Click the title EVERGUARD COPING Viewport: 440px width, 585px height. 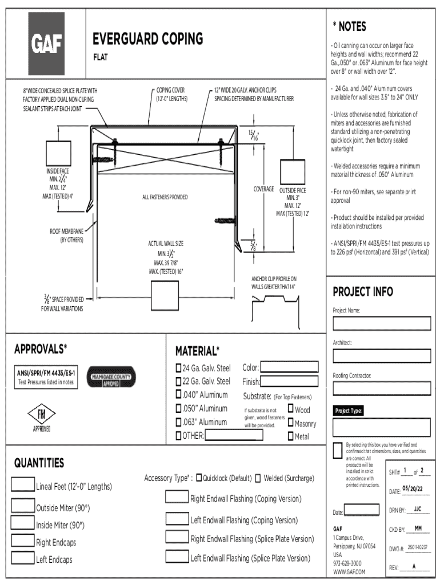click(x=147, y=39)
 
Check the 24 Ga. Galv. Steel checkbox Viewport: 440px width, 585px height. click(x=178, y=367)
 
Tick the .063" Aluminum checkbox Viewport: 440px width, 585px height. click(x=178, y=422)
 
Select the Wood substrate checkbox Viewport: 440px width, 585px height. click(x=290, y=409)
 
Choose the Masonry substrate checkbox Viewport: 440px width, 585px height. click(x=290, y=423)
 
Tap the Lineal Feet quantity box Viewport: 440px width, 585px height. click(x=22, y=484)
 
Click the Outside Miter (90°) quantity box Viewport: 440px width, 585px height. click(x=22, y=506)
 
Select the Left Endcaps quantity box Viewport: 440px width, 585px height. click(x=22, y=558)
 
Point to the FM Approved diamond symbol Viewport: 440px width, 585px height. click(x=41, y=415)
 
